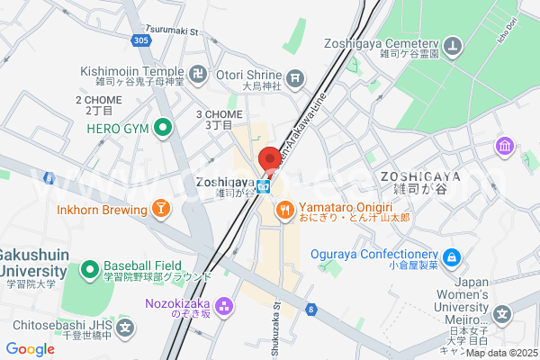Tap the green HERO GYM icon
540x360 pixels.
click(x=162, y=129)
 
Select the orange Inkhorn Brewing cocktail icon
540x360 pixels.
click(x=160, y=210)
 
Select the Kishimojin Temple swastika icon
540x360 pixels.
click(x=198, y=72)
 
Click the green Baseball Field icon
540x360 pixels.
click(x=90, y=269)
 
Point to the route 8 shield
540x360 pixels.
click(x=311, y=310)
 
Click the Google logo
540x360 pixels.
click(x=30, y=349)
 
